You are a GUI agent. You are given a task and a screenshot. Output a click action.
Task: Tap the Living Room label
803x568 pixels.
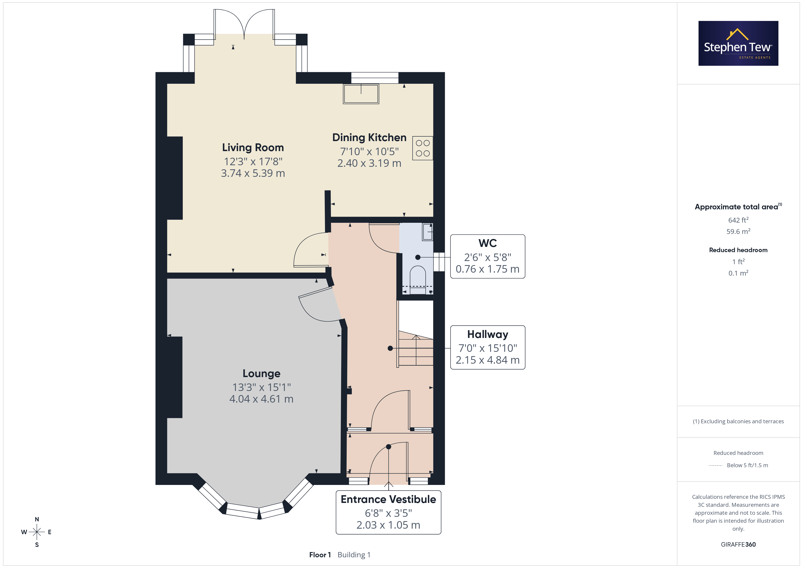click(253, 148)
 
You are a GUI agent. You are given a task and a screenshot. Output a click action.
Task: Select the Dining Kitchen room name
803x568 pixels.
click(369, 137)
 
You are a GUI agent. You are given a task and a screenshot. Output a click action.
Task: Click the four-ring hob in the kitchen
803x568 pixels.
click(422, 148)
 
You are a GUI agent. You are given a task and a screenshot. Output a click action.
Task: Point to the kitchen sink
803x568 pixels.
click(361, 94)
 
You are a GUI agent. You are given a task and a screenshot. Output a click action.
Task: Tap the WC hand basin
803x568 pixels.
click(427, 231)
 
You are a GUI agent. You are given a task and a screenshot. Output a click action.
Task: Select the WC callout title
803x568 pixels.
click(488, 243)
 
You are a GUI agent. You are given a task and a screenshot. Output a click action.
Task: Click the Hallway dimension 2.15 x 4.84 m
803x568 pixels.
click(488, 360)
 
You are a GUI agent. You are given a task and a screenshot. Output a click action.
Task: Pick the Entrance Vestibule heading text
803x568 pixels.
click(388, 499)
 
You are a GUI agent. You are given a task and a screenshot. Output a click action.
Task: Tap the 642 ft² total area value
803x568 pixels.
click(738, 220)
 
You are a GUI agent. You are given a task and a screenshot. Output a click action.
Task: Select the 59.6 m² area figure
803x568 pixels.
click(738, 231)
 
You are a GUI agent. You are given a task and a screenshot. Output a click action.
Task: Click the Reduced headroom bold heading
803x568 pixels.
click(738, 250)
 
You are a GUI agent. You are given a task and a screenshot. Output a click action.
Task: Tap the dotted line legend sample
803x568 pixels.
click(716, 466)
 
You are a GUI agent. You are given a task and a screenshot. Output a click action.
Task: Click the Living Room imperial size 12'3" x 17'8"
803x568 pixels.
click(253, 162)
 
